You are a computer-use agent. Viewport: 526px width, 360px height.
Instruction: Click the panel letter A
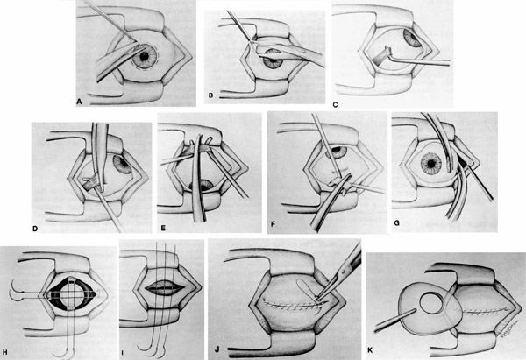click(x=79, y=102)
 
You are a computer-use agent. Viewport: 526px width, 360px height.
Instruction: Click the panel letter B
click(x=210, y=95)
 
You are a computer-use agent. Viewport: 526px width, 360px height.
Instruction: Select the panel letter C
click(x=335, y=105)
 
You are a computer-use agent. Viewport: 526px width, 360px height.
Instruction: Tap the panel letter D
click(x=35, y=229)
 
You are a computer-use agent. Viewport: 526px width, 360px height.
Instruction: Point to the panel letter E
click(x=163, y=229)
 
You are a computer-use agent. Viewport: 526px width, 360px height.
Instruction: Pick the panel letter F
click(x=273, y=224)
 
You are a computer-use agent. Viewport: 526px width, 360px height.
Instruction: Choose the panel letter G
click(x=397, y=222)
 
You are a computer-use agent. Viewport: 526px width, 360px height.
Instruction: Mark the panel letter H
click(x=4, y=352)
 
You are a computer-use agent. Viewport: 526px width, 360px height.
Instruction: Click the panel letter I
click(x=123, y=353)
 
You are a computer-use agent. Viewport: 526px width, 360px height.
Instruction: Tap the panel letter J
click(x=217, y=350)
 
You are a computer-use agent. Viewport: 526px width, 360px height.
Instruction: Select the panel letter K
click(x=370, y=350)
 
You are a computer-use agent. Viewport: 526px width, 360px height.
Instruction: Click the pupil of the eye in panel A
click(x=145, y=56)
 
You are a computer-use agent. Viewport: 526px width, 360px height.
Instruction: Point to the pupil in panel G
click(x=431, y=164)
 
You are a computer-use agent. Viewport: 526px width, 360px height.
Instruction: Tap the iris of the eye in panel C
click(x=412, y=39)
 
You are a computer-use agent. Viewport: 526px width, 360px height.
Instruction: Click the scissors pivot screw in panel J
click(x=343, y=269)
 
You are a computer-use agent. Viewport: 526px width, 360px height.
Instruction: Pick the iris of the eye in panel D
click(x=122, y=165)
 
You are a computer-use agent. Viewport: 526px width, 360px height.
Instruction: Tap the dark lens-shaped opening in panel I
click(x=165, y=288)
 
